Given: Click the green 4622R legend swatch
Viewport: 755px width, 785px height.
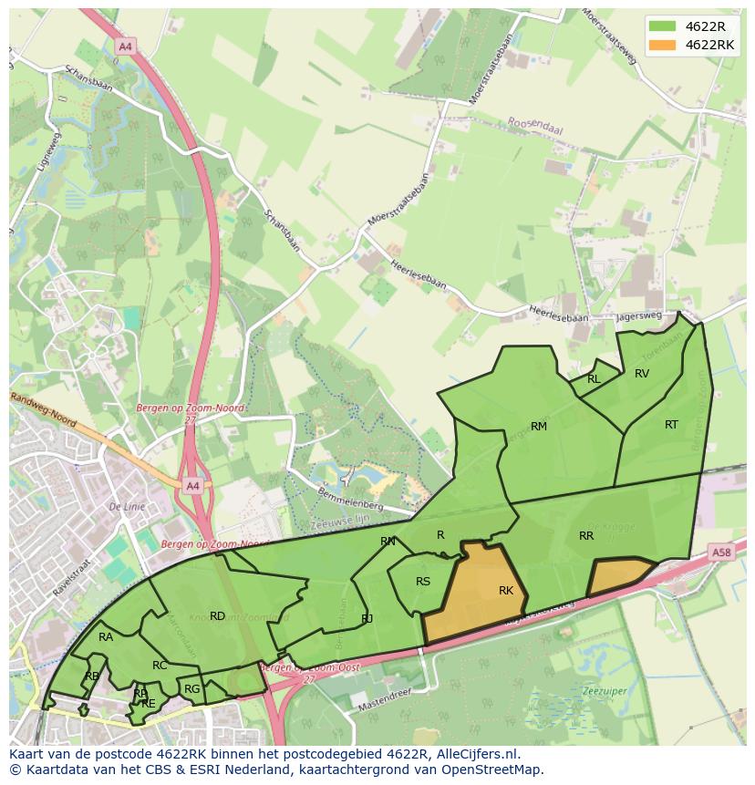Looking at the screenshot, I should (662, 26).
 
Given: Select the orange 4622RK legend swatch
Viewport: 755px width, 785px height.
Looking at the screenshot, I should (662, 45).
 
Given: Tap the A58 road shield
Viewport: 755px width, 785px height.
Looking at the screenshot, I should (722, 553).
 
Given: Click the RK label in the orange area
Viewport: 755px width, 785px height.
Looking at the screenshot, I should (506, 591).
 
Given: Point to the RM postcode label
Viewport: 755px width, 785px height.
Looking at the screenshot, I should (539, 427).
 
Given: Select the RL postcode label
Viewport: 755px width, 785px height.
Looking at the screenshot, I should (594, 379).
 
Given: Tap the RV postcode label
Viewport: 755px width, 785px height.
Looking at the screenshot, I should (642, 373).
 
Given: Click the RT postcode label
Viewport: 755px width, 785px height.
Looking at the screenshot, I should (671, 424).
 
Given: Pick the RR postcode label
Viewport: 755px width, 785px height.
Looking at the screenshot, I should (586, 536).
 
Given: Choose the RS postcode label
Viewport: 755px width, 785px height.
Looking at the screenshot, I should (423, 582).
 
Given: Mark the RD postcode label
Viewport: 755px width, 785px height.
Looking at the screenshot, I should (217, 616).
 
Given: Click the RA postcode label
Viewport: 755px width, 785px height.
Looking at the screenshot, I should (106, 637).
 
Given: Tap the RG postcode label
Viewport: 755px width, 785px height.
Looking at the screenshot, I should (191, 689).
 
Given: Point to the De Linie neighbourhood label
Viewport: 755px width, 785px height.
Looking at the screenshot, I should (128, 506).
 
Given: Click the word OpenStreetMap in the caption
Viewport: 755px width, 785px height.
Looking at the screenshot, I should (497, 770).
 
